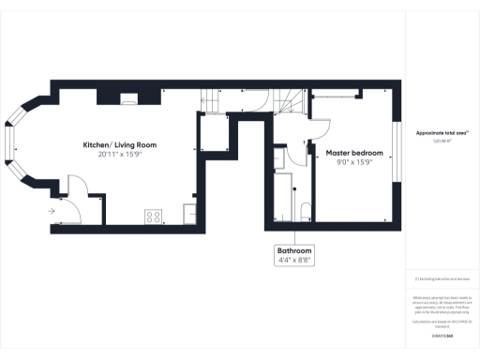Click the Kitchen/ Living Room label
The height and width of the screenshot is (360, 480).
119,145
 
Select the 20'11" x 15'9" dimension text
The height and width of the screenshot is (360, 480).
119,156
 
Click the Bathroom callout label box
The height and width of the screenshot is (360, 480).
293,256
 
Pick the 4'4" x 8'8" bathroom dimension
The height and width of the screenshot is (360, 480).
293,261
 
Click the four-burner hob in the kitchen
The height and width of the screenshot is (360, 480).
153,217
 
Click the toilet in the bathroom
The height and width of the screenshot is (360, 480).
306,209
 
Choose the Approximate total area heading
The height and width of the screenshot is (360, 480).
442,133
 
